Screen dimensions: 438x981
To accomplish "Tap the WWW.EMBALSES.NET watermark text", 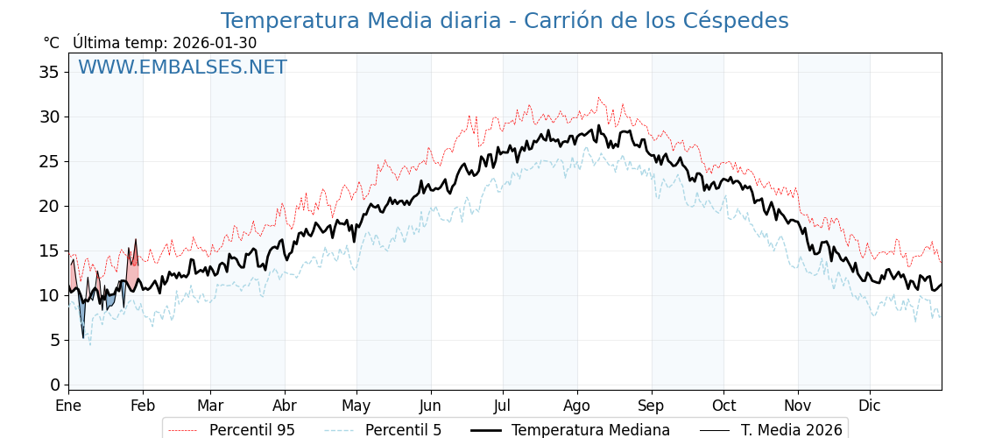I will pos(182,67).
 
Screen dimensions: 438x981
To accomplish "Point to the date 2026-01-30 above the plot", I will pos(215,43).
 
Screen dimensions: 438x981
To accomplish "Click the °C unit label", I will pos(51,43).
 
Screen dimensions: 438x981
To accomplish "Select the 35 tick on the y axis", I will pos(49,72).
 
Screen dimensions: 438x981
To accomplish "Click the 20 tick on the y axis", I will pos(49,206).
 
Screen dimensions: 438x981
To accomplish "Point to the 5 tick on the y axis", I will pos(54,340).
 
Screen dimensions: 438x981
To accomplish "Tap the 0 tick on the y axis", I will pos(54,385).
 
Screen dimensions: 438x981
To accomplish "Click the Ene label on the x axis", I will pos(68,406).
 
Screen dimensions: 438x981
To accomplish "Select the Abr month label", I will pos(285,406).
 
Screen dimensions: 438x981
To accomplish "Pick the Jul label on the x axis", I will pos(503,406).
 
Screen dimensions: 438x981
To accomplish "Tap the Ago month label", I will pos(577,406).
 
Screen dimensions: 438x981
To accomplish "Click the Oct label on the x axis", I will pos(723,406).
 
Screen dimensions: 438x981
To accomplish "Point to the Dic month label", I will pos(870,406).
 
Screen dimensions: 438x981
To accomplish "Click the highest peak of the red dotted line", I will pos(599,97).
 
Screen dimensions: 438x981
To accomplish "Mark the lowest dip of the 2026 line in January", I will pos(83,337).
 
